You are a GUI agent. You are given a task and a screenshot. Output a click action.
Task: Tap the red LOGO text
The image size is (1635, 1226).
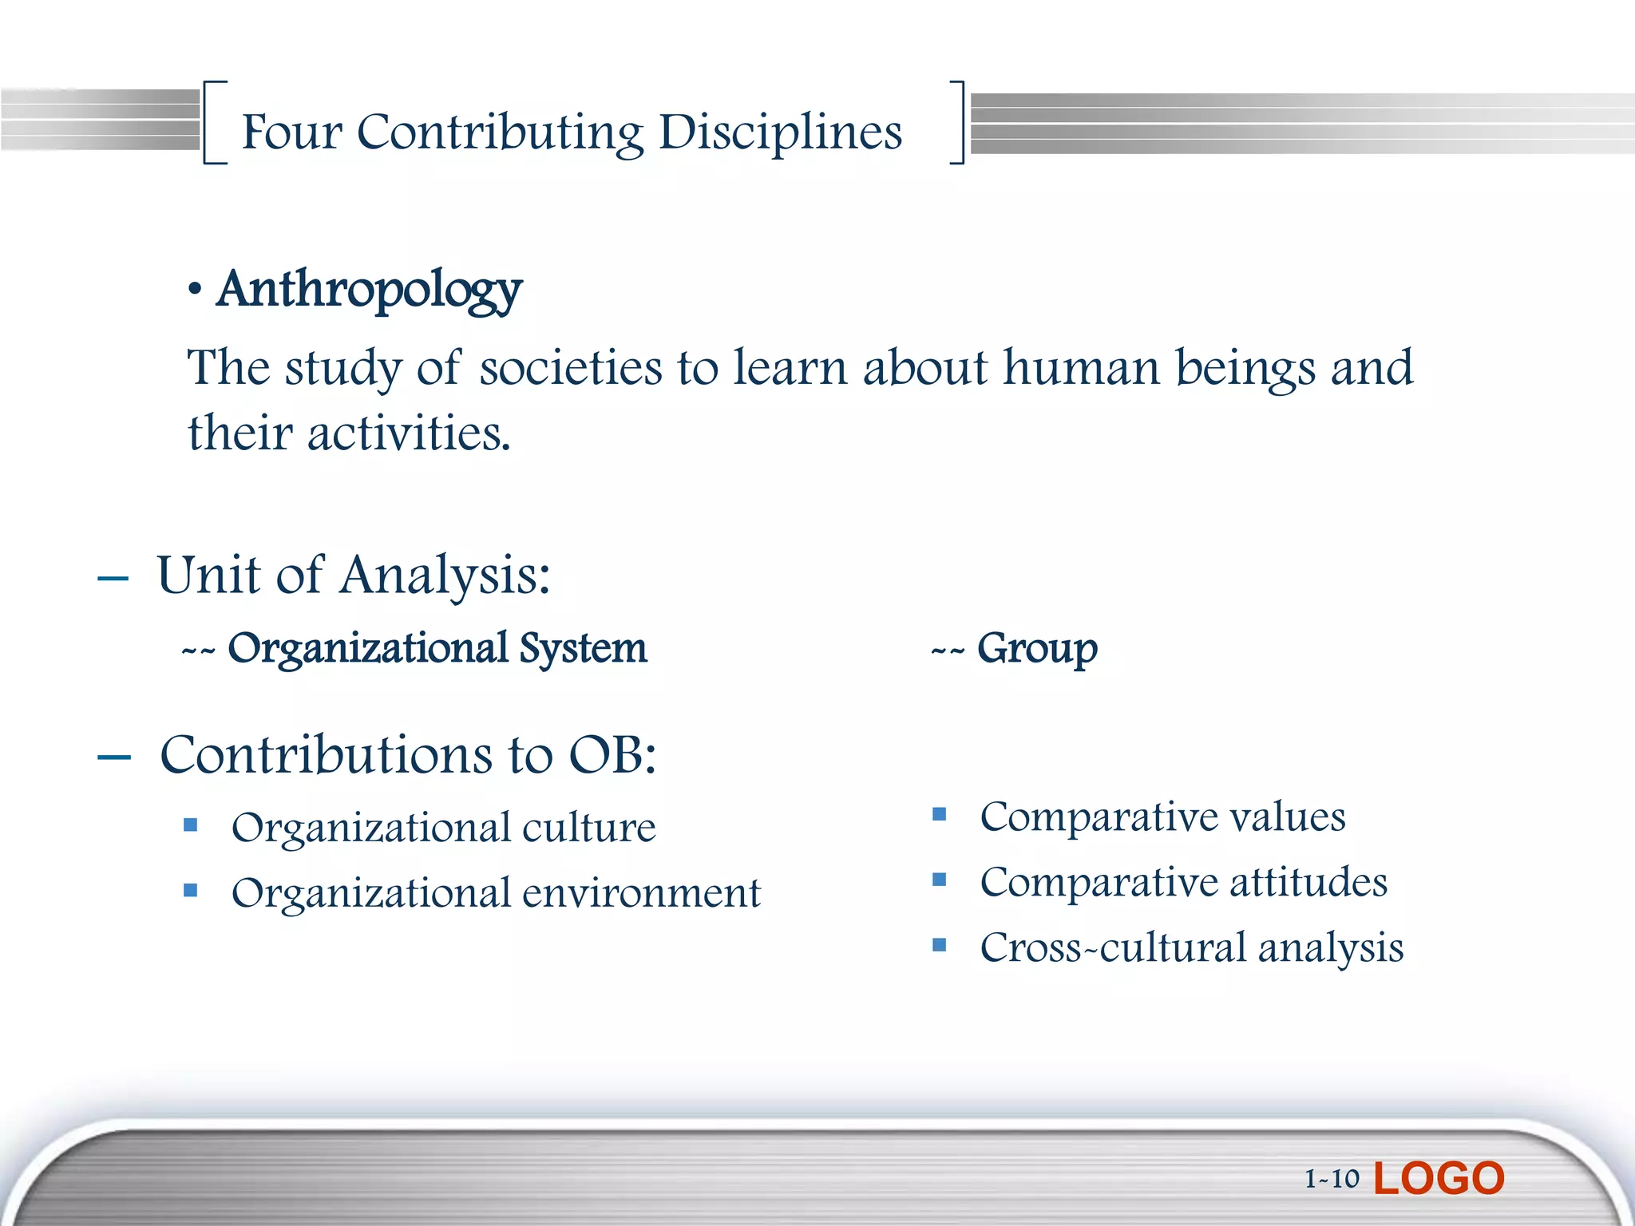point(1439,1178)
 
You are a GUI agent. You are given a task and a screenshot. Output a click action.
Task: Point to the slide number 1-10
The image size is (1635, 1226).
point(1331,1179)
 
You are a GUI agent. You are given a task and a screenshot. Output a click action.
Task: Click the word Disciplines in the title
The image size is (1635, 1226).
point(780,132)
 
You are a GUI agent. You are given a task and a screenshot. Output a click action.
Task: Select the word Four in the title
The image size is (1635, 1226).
point(291,132)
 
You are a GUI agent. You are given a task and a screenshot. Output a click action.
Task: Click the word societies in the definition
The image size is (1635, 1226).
point(571,368)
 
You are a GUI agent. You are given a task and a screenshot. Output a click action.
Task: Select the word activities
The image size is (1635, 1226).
point(408,433)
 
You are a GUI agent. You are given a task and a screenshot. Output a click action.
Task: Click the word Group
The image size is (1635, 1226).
point(1037,648)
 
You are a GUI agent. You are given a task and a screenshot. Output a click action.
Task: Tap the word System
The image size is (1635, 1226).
point(583,648)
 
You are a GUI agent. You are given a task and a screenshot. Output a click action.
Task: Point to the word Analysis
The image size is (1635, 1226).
point(444,575)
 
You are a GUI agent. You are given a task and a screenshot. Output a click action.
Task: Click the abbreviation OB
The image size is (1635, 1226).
point(611,754)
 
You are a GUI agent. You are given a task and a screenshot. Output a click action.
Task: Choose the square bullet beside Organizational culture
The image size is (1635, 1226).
point(190,825)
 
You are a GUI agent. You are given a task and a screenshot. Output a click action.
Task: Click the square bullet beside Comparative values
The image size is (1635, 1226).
point(939,815)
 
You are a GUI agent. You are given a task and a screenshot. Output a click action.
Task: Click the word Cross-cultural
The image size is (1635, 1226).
point(1111,948)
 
